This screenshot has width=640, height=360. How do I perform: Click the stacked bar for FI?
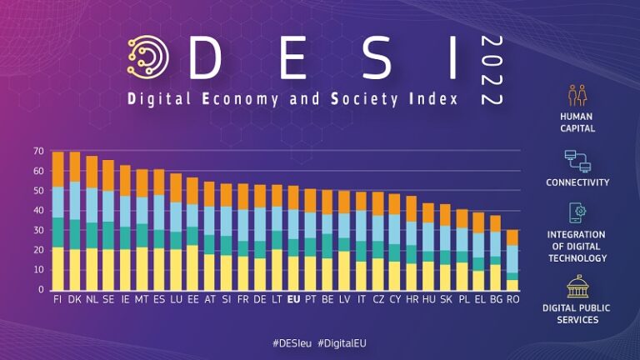[x=58, y=221]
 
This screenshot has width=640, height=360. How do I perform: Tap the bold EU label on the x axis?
[x=293, y=297]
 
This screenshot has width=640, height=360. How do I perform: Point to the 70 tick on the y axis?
[x=38, y=151]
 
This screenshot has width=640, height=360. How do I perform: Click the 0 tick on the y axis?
[x=40, y=290]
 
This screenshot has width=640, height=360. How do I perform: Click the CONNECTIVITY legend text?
[x=577, y=182]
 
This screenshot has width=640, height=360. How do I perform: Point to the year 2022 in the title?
[x=492, y=70]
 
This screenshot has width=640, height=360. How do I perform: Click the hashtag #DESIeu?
[x=292, y=342]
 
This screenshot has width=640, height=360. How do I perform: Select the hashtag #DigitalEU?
[x=345, y=342]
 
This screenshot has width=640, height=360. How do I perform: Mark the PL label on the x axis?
[x=462, y=297]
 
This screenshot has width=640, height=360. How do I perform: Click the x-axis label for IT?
[x=361, y=297]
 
